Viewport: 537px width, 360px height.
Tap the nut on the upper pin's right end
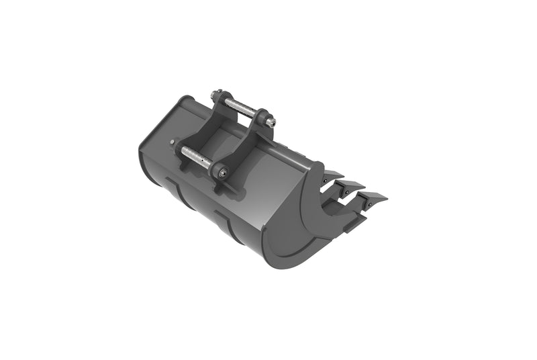point(271,122)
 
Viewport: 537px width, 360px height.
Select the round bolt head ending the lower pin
point(222,174)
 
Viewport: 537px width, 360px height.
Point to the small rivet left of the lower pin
point(173,142)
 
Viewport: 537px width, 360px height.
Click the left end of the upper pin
point(215,95)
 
